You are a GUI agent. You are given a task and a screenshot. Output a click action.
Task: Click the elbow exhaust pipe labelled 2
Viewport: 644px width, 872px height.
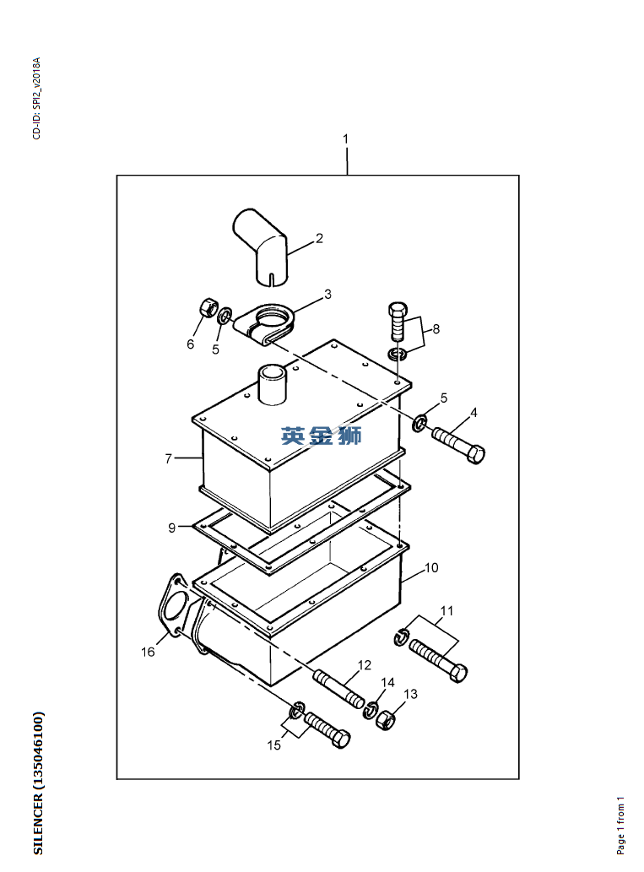[x=260, y=246]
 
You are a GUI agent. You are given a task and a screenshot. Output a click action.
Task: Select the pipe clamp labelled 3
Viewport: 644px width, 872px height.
[x=265, y=324]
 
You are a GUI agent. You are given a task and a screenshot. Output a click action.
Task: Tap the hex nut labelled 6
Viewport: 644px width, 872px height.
[x=206, y=307]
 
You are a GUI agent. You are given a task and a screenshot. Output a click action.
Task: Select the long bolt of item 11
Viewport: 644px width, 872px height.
[x=439, y=661]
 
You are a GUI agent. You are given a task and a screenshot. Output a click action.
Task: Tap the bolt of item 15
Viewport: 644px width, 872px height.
[x=327, y=730]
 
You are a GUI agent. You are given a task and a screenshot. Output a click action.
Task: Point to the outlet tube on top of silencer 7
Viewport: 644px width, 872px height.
[x=272, y=384]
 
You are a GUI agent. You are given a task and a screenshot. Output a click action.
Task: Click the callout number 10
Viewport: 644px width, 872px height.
[x=431, y=568]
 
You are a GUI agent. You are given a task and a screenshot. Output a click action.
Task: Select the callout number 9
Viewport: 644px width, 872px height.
[x=172, y=528]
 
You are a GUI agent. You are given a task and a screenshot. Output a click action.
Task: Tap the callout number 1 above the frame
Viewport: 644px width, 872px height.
[x=346, y=138]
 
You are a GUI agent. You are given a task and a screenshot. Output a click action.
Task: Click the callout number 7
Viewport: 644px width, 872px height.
[x=169, y=459]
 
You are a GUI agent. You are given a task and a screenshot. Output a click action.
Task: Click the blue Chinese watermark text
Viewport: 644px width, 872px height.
[x=322, y=436]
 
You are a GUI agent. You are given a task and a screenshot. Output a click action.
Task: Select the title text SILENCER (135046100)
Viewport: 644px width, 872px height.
[x=38, y=783]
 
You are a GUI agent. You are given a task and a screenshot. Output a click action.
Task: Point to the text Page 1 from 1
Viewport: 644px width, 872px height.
[x=620, y=826]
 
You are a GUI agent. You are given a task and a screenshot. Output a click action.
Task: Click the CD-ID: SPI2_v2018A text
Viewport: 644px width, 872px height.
[x=36, y=98]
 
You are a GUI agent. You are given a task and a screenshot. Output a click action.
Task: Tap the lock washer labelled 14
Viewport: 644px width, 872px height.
[x=371, y=710]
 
